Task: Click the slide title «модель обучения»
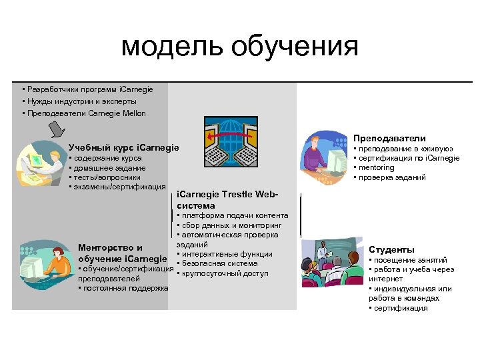click(x=239, y=47)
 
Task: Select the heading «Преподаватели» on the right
click(x=389, y=138)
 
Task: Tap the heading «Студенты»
click(x=391, y=249)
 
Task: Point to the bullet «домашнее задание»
click(x=105, y=168)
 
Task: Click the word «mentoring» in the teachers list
click(x=377, y=168)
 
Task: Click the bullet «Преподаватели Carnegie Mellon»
click(x=85, y=113)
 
